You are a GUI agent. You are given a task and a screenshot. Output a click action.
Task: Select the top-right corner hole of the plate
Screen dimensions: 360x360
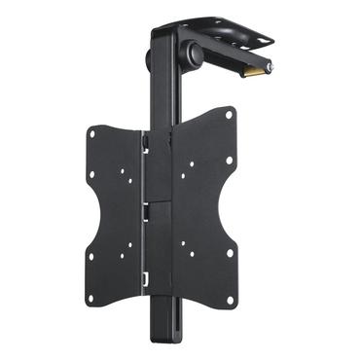coord(230,115)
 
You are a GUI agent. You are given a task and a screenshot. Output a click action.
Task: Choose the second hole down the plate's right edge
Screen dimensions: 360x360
coord(230,159)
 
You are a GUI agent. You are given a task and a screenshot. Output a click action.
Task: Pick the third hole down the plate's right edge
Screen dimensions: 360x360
coord(231,254)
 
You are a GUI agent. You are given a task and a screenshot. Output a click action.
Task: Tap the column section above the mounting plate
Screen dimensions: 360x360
coord(161,97)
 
